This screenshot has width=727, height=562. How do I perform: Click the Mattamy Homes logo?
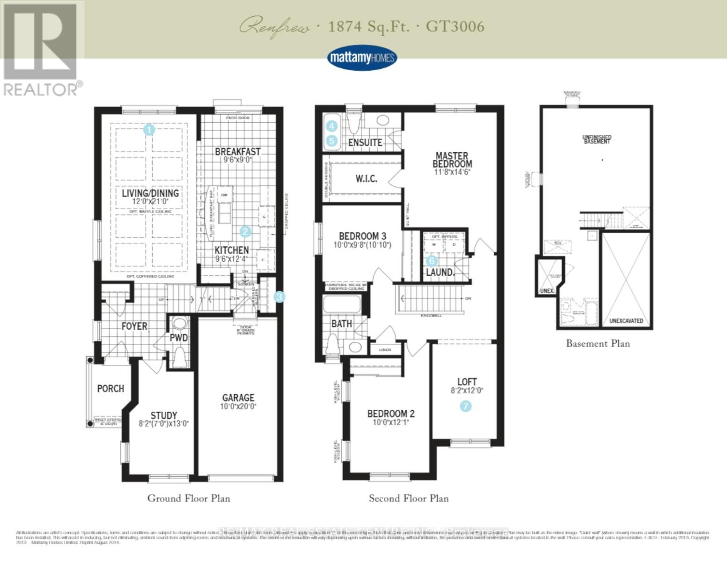[x=362, y=58]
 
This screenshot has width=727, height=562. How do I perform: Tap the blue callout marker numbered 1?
[x=149, y=130]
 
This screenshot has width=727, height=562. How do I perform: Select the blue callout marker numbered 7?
[x=465, y=406]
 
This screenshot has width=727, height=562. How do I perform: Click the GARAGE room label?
[x=238, y=398]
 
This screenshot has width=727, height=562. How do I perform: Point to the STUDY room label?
[x=164, y=415]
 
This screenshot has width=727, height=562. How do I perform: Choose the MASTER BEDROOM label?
[x=452, y=160]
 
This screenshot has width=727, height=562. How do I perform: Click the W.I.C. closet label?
[x=366, y=178]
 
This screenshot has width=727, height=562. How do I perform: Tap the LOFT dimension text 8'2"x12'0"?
[x=467, y=391]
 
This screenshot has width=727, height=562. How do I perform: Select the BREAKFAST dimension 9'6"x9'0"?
[x=238, y=160]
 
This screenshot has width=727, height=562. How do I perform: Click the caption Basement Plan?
[x=598, y=344]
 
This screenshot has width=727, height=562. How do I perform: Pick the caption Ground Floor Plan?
[x=189, y=498]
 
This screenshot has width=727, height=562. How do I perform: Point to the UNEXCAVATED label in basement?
[x=626, y=321]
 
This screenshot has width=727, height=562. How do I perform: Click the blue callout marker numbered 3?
[x=279, y=296]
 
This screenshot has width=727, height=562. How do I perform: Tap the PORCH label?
[x=110, y=388]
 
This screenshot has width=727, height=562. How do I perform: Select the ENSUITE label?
[x=365, y=142]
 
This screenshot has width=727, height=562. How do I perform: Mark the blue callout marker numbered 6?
[x=431, y=261]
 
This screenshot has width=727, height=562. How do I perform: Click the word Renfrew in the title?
[x=274, y=27]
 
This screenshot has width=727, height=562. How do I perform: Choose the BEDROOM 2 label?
[x=390, y=414]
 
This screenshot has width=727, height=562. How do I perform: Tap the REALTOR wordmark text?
[x=41, y=89]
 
